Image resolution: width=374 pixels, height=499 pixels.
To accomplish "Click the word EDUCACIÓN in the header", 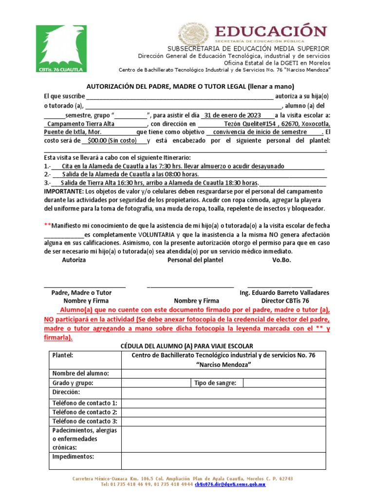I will (271, 31).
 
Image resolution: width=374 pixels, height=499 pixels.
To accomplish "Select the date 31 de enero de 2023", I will (233, 115).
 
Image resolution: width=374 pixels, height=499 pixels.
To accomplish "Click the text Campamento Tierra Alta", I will (82, 124).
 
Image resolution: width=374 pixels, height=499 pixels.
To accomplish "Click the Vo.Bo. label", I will (281, 260).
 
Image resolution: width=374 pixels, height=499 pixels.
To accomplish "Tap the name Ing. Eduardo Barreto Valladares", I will (284, 292).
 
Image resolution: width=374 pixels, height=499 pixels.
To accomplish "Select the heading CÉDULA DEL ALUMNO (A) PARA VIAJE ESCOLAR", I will (187, 345).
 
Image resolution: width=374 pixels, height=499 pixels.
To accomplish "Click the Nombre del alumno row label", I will (80, 373).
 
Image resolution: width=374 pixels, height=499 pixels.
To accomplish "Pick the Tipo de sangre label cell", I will (215, 383).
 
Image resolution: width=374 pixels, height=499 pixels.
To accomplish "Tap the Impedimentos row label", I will (73, 457).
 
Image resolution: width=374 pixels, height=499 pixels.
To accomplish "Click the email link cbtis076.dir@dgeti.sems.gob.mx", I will (230, 485).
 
